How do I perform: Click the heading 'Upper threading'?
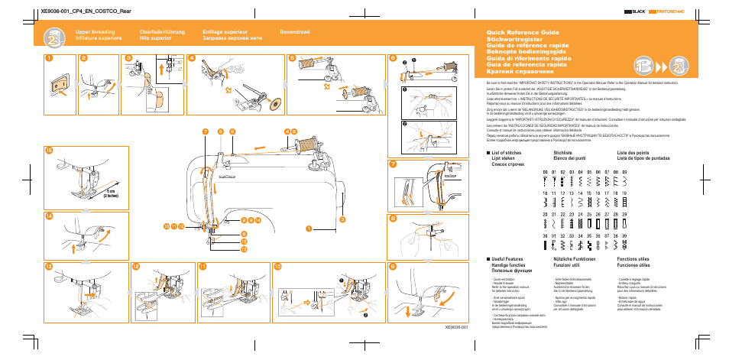pyautogui.click(x=94, y=32)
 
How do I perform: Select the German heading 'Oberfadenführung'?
pyautogui.click(x=162, y=32)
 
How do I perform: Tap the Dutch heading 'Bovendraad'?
pyautogui.click(x=295, y=32)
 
